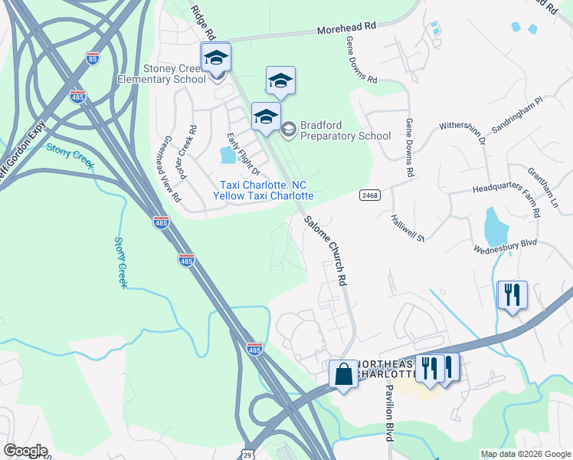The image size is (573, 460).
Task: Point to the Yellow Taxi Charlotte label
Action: point(263,195)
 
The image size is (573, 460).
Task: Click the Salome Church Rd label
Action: point(323,251)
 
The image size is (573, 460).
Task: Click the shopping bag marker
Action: point(342,375)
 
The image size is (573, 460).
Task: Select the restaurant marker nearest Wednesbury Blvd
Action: point(512,295)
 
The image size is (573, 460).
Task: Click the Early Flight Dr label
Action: point(244,153)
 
